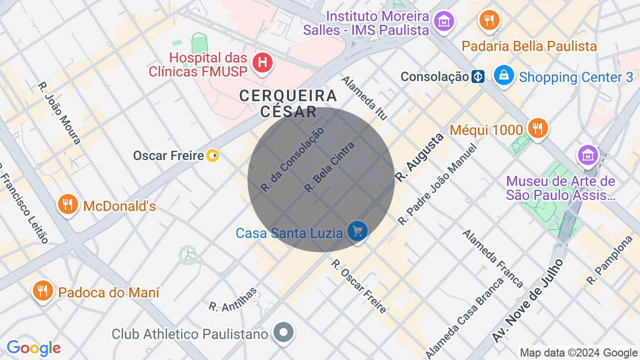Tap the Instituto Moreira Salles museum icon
tap(443, 21)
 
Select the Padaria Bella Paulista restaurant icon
tap(489, 20)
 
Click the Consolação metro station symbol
tap(478, 77)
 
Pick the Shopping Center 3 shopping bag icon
tap(504, 75)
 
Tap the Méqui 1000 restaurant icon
tap(537, 128)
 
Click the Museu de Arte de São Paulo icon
tap(587, 155)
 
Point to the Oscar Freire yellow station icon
tap(213, 155)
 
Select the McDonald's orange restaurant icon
tap(67, 204)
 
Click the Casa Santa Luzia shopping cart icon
tap(357, 232)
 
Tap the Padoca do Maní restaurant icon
tap(42, 291)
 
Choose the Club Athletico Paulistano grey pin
tap(284, 332)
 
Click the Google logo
tap(33, 348)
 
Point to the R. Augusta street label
tap(419, 157)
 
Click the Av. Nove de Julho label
tap(528, 301)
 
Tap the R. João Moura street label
tap(59, 113)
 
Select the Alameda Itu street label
tap(364, 97)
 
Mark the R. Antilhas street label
tap(233, 299)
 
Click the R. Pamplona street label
tap(610, 260)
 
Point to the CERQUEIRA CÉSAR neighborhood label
tap(288, 103)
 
